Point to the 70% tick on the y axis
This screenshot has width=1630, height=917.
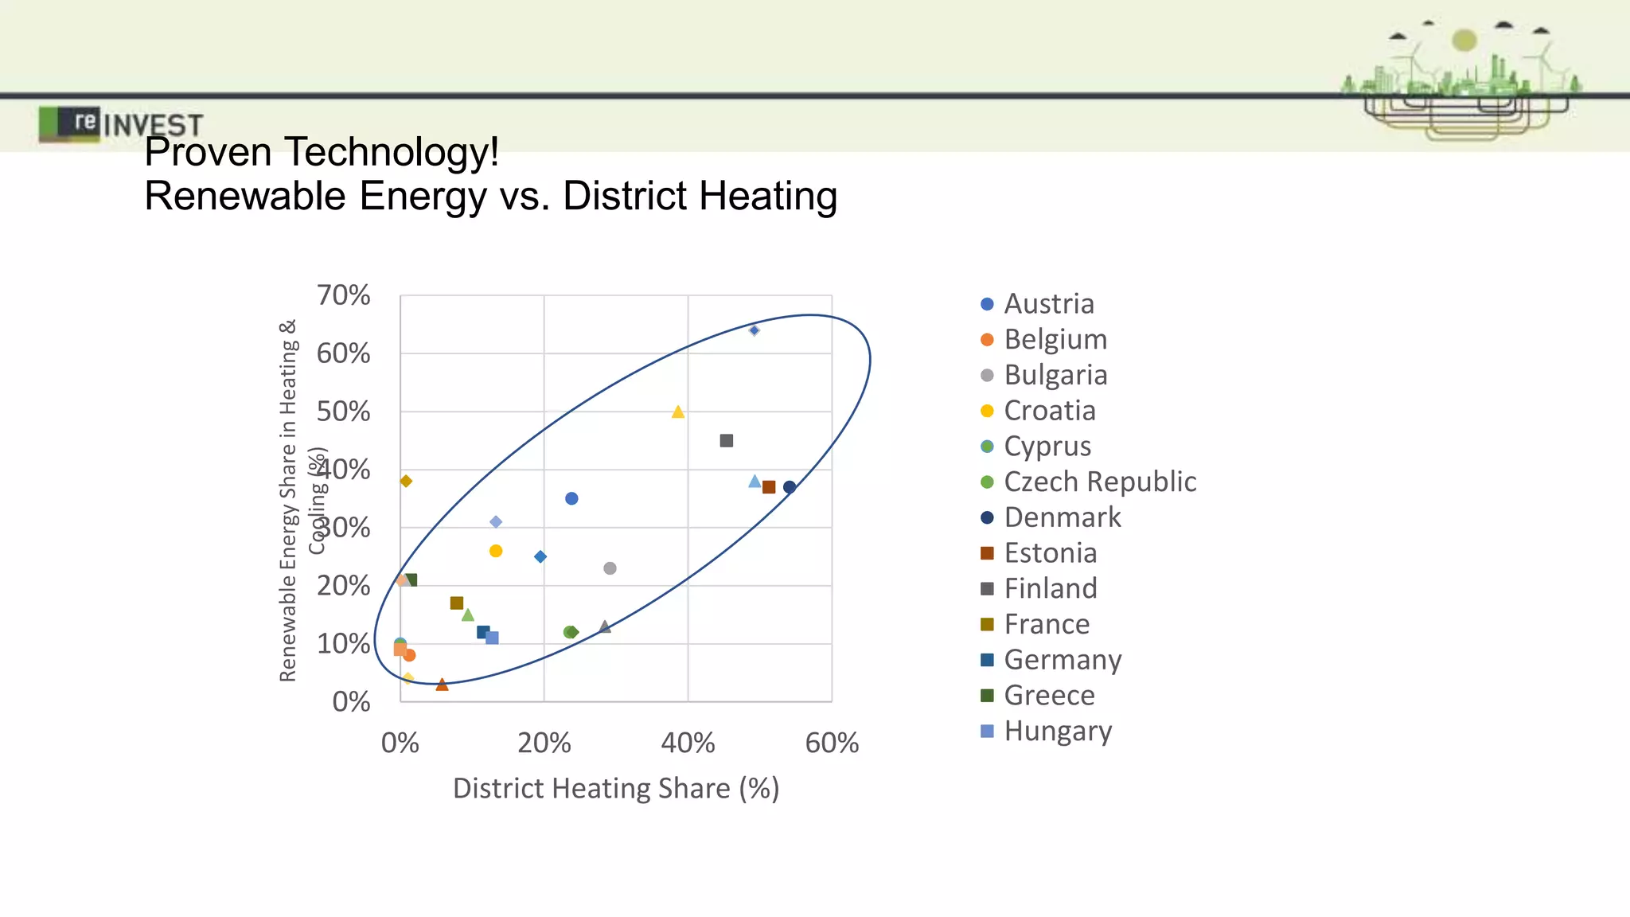click(344, 295)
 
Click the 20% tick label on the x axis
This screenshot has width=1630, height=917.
click(544, 743)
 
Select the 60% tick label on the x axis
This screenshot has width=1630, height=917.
click(832, 743)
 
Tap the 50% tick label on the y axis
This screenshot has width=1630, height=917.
click(344, 412)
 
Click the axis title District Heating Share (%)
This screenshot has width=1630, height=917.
click(615, 788)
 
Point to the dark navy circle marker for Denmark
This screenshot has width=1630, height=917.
click(790, 487)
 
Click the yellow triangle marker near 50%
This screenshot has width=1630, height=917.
click(678, 412)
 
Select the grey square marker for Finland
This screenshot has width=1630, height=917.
click(727, 441)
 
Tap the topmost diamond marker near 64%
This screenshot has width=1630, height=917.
click(755, 330)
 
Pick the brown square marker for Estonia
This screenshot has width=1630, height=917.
click(769, 487)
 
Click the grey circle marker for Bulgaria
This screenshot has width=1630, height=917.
click(610, 568)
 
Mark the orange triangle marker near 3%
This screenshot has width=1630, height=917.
click(443, 685)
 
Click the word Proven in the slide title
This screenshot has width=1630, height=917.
click(208, 152)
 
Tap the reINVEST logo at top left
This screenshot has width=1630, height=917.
click(119, 124)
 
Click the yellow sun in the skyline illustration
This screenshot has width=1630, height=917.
click(1464, 40)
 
